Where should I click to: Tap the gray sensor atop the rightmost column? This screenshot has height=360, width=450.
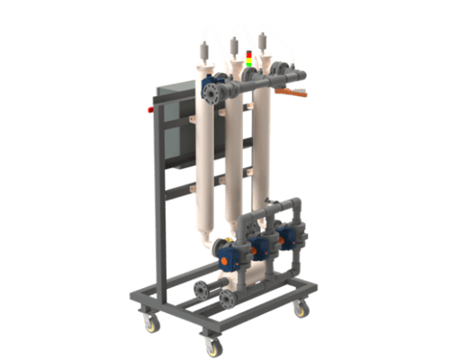pyautogui.click(x=265, y=38)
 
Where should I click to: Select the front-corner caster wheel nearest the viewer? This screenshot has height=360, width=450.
pyautogui.click(x=211, y=345)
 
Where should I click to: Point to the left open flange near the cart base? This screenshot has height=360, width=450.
pyautogui.click(x=200, y=290)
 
